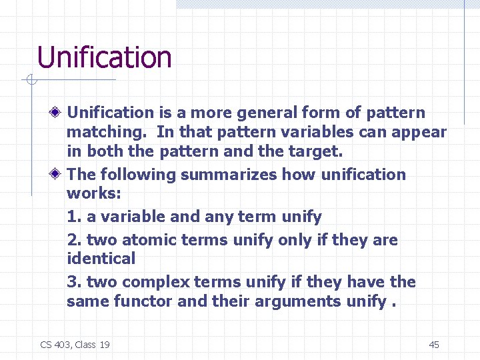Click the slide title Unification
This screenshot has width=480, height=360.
pyautogui.click(x=105, y=57)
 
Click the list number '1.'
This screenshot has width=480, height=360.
pyautogui.click(x=74, y=217)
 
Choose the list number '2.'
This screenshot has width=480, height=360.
pyautogui.click(x=74, y=240)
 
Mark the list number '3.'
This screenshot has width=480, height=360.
pyautogui.click(x=74, y=282)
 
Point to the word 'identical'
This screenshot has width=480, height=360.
pyautogui.click(x=101, y=259)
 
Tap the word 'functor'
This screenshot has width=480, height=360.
pyautogui.click(x=144, y=301)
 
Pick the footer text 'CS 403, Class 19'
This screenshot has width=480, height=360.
pyautogui.click(x=75, y=344)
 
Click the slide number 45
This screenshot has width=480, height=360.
pyautogui.click(x=433, y=344)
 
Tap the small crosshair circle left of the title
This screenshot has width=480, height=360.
pyautogui.click(x=31, y=81)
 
